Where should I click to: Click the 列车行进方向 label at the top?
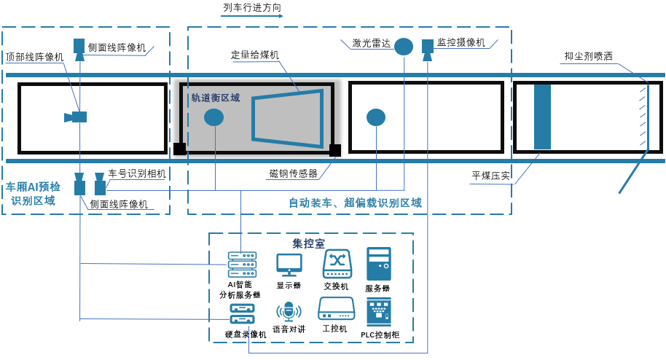point(252,7)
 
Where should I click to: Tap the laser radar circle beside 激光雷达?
point(404,47)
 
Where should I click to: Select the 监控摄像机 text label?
point(461,43)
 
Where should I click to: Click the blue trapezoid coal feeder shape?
point(288,116)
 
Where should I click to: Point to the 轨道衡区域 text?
point(215,98)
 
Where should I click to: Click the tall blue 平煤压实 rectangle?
point(542,117)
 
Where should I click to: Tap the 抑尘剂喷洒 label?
point(588,56)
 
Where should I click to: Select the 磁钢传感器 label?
point(293,173)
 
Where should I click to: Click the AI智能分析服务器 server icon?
point(242,265)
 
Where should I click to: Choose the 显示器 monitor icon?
point(289,265)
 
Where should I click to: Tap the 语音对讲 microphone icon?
point(289,311)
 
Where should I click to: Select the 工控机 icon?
point(336,309)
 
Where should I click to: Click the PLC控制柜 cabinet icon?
point(378,312)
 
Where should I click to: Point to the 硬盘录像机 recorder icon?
point(242,313)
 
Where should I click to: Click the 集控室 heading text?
point(308,243)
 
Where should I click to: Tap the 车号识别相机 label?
point(137,173)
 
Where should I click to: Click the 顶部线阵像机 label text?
point(34,57)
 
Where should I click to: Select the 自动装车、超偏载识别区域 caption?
point(355,203)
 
